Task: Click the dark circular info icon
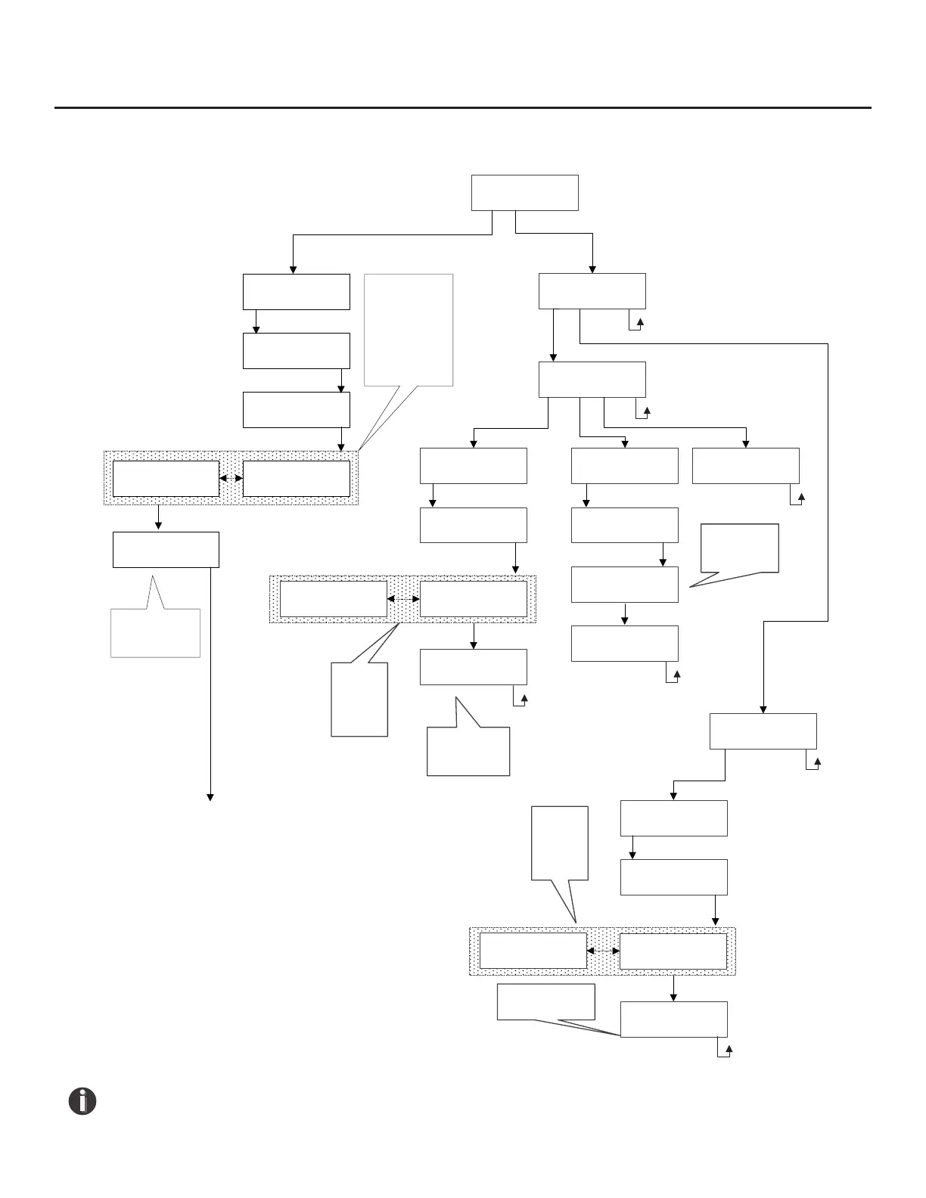[x=82, y=1101]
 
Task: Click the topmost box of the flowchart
[x=524, y=193]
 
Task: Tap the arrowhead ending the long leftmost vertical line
[x=210, y=798]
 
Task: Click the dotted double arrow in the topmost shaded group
[x=231, y=478]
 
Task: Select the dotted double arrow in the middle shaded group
[x=403, y=599]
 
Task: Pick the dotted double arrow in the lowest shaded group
[x=603, y=951]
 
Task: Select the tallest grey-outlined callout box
[x=409, y=330]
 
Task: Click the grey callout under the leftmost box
[x=155, y=632]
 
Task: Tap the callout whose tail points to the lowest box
[x=545, y=1001]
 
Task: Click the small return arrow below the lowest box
[x=729, y=1051]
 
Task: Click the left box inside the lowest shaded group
[x=533, y=951]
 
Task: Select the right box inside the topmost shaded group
[x=297, y=478]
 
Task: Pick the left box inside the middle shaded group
[x=333, y=599]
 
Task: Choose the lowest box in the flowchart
[x=673, y=1019]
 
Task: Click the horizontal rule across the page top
[x=463, y=107]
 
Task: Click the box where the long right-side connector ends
[x=763, y=731]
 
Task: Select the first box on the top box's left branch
[x=297, y=291]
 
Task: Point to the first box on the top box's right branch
[x=592, y=291]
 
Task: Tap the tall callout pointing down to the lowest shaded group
[x=560, y=843]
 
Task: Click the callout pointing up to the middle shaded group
[x=360, y=699]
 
